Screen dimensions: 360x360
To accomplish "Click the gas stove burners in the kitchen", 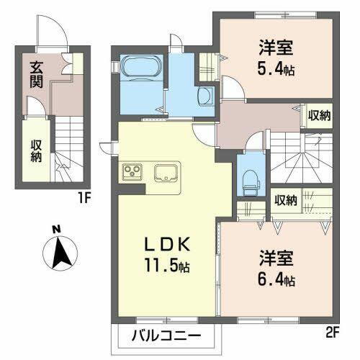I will click(x=134, y=171).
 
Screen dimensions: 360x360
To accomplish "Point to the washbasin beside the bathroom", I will click(x=204, y=95).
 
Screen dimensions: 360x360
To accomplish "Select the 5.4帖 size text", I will click(x=276, y=71).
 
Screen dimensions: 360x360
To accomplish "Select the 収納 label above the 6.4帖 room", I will click(x=285, y=199).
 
